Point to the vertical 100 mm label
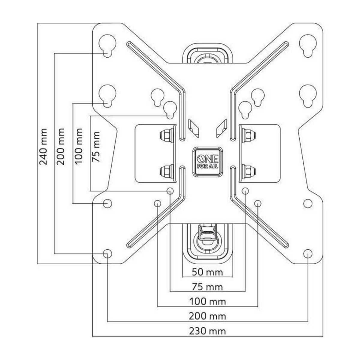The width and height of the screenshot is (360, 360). click(x=79, y=146)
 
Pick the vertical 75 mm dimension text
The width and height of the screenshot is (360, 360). click(x=96, y=146)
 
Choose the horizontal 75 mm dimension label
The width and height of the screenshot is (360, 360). click(x=207, y=287)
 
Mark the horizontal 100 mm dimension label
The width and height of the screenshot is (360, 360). click(x=207, y=301)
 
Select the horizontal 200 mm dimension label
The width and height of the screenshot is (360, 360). click(x=207, y=316)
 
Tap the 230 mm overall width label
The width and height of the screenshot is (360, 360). click(x=207, y=331)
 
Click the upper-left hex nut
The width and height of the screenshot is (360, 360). click(x=166, y=135)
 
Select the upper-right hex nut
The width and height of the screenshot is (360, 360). click(x=249, y=135)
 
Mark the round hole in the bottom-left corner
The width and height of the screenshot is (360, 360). click(x=107, y=253)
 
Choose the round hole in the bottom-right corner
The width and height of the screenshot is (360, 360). click(x=307, y=253)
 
